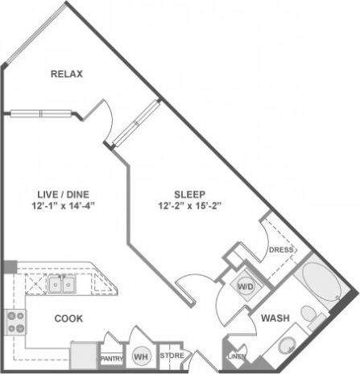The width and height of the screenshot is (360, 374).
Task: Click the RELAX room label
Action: click(x=68, y=75)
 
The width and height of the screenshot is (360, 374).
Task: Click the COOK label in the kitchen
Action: click(x=68, y=319)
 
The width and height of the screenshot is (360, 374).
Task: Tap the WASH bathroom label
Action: click(x=275, y=319)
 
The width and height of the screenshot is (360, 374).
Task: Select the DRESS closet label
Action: click(x=279, y=250)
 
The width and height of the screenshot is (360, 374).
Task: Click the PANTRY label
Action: click(x=110, y=359)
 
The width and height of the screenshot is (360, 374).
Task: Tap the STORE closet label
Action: click(x=170, y=355)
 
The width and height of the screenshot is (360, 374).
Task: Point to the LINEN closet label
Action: click(x=237, y=356)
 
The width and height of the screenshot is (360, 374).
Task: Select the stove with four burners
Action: click(x=15, y=323)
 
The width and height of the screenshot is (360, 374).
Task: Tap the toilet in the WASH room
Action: click(x=309, y=316)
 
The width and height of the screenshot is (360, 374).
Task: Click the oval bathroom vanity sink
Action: click(x=286, y=348)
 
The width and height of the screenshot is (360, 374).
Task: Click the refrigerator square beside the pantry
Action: click(x=83, y=354)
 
